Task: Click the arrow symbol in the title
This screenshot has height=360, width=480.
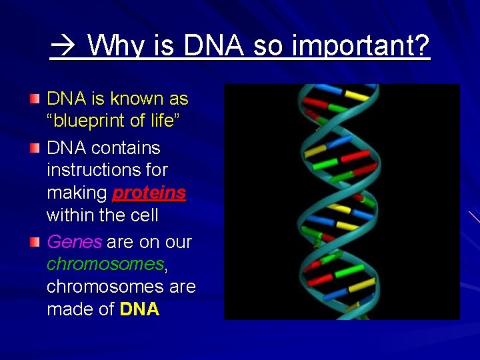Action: point(63,45)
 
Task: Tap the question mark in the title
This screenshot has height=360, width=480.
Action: point(420,45)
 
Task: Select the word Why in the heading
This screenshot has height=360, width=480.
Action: point(115,47)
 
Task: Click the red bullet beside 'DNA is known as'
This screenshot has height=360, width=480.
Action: point(35,99)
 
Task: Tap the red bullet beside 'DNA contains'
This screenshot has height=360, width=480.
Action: point(35,148)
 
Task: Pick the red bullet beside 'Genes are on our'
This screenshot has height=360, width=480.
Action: point(35,242)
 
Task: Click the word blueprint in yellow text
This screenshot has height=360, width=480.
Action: point(89,121)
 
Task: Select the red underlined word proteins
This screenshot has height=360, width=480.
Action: point(149,193)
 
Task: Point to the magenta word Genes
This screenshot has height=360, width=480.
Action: point(74,242)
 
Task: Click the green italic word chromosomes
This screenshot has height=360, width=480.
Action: point(105,264)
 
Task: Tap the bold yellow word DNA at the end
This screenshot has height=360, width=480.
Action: point(139,309)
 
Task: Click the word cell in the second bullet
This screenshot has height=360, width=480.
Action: point(145,215)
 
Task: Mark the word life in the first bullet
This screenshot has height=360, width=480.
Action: point(162,120)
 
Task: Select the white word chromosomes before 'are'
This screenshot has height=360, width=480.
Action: point(105,287)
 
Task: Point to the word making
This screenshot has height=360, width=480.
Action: point(77,193)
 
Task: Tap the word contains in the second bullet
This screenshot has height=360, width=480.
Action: point(125,148)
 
